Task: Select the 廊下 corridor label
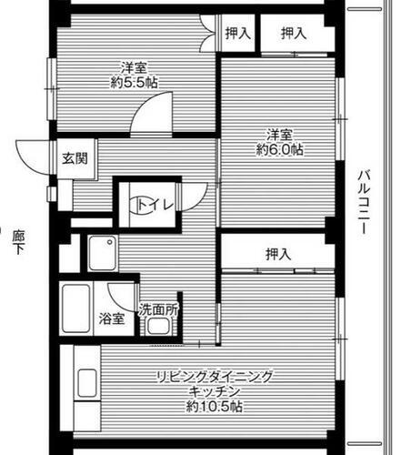tap(17, 241)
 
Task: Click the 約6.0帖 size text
tap(279, 148)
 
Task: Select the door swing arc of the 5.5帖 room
tap(145, 118)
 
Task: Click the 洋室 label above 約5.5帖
tap(134, 66)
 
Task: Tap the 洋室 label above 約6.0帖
tap(279, 133)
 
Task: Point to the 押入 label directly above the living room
tap(278, 254)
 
